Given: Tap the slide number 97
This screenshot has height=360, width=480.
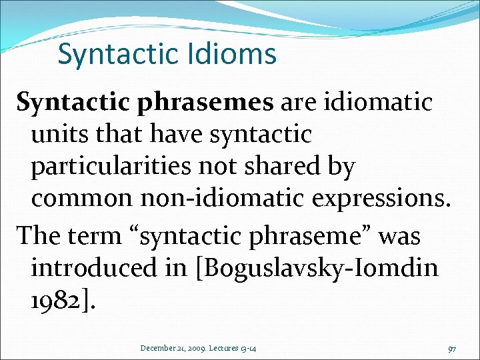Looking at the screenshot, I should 452,349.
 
